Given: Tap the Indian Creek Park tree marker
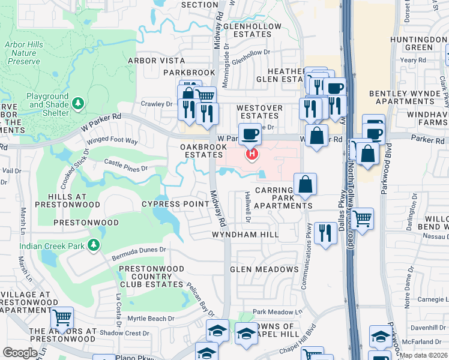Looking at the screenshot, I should (x=93, y=245).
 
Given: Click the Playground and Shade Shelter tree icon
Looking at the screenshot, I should (x=77, y=104).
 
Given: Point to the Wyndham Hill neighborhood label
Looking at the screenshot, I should (x=245, y=235).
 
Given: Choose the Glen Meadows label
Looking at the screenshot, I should (x=264, y=269).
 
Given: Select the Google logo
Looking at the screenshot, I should (x=20, y=352).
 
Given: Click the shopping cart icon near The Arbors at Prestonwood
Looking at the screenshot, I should (x=62, y=317).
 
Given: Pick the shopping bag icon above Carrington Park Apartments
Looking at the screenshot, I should (x=306, y=184).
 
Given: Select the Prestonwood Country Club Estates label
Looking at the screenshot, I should (x=151, y=276).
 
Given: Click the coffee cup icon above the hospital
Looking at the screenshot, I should (x=250, y=133).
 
